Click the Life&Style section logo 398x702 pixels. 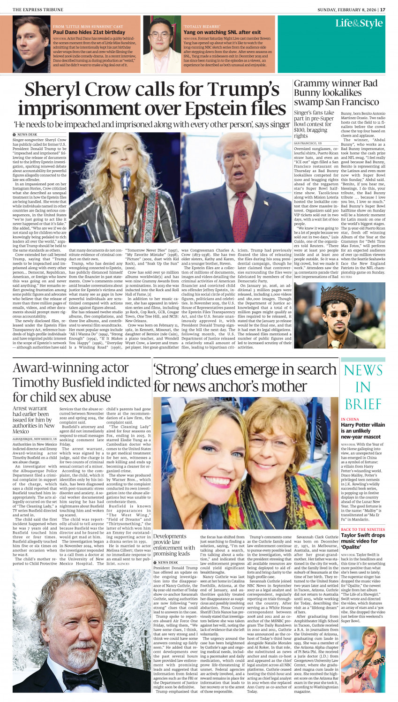coord(359,23)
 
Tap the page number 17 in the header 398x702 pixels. coord(383,9)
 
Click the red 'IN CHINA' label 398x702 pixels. coord(350,419)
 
